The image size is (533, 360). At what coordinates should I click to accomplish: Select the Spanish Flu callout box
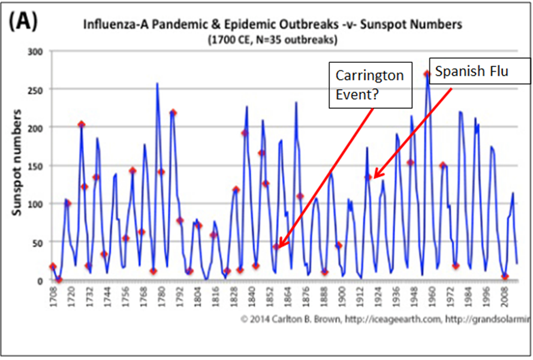tap(480, 73)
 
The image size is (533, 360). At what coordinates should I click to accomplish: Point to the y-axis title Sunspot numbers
tap(22, 165)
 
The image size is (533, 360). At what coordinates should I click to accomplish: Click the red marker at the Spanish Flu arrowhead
tap(368, 177)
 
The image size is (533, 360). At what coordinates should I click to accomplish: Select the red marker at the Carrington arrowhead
tap(276, 246)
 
